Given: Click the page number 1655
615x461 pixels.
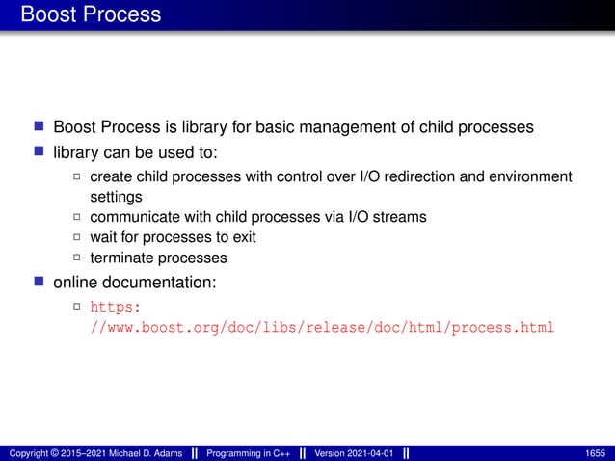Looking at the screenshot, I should (x=597, y=453).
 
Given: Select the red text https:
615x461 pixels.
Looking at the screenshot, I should (x=116, y=308).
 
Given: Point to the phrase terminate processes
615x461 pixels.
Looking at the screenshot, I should (x=158, y=258).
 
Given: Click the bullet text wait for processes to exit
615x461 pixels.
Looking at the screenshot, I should (x=173, y=237).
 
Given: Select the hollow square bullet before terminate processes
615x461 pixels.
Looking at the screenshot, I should (x=77, y=258).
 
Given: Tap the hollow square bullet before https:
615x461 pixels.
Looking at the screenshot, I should (x=77, y=308).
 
